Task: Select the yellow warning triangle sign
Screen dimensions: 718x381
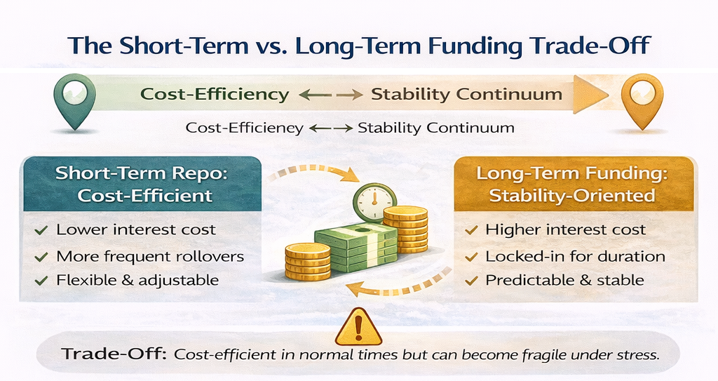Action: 358,327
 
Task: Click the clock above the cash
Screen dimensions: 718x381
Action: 374,201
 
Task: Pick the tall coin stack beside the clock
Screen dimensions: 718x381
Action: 405,229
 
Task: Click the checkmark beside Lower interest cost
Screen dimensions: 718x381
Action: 41,229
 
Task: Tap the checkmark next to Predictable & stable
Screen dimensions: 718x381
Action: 471,280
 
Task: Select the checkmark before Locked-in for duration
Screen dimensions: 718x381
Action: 471,257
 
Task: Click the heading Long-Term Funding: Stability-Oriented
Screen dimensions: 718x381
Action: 572,185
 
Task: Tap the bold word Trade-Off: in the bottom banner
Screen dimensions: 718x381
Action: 114,354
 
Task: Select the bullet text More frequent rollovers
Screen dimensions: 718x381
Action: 150,256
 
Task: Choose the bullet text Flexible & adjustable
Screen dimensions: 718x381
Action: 137,280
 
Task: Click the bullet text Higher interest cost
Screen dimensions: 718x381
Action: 566,229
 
